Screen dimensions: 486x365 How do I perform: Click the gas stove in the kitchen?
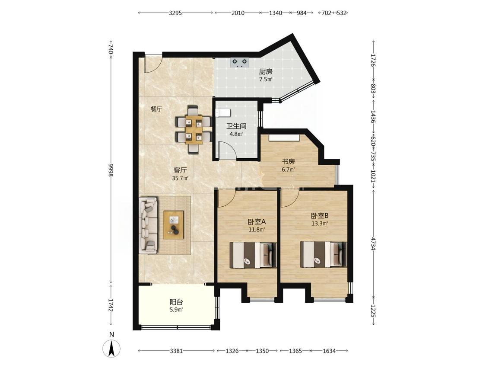point(240,63)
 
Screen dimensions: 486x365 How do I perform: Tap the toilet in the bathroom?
point(223,113)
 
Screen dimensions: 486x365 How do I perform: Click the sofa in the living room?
point(149,225)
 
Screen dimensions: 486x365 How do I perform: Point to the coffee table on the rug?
point(174,225)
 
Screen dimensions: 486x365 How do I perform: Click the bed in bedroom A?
point(253,255)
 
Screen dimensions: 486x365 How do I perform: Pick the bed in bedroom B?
point(323,254)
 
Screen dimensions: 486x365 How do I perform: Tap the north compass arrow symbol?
point(112,348)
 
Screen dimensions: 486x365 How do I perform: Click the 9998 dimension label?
point(111,170)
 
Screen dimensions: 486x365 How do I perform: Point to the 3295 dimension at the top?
point(175,13)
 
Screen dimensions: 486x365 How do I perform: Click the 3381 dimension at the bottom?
point(176,351)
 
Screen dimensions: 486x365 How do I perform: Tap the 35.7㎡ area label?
point(181,178)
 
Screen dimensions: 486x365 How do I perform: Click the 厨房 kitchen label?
point(266,72)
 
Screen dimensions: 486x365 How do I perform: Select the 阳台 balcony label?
point(176,302)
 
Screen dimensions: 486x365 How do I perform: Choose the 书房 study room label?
point(288,161)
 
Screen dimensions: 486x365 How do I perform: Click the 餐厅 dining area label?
point(156,109)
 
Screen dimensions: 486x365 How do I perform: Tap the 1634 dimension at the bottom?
point(329,351)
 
